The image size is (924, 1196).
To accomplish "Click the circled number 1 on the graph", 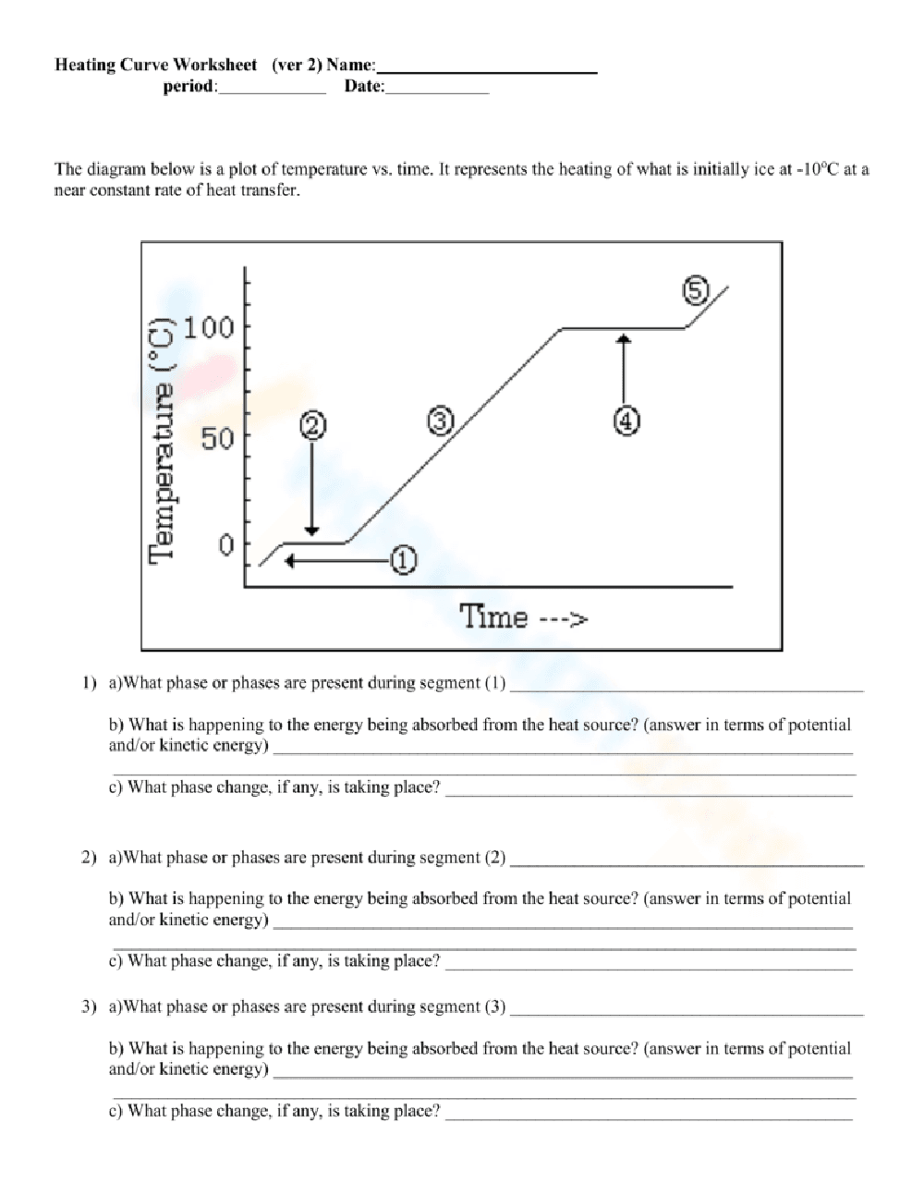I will click(404, 560).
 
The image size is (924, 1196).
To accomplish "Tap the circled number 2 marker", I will click(312, 425).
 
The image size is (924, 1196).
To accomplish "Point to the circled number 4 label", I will click(626, 421).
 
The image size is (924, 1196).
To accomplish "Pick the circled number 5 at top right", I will click(695, 291).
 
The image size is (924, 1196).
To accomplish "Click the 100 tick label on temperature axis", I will click(209, 327).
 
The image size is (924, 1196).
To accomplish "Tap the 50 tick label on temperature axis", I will click(218, 438).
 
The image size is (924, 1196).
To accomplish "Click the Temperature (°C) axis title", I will click(161, 437).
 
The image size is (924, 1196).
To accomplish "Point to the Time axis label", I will click(523, 616).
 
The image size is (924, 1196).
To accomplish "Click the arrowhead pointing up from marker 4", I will click(625, 339).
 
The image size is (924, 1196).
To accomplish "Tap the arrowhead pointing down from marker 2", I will click(312, 530).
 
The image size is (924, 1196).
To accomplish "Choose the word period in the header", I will click(189, 87).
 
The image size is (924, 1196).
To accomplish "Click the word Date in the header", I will click(363, 87).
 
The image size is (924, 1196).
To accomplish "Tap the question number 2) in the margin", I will click(88, 858).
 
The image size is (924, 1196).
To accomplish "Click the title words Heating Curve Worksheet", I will click(156, 65).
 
